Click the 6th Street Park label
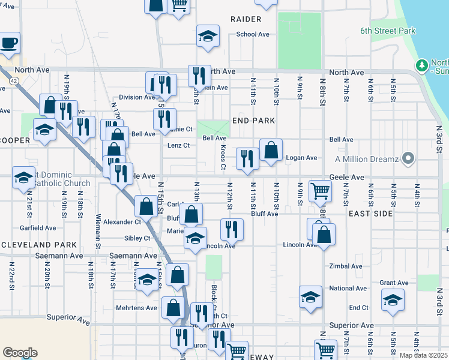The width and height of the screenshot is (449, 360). tap(388, 31)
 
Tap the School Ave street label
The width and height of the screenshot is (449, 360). tap(253, 34)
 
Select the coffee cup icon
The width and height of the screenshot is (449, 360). tap(9, 43)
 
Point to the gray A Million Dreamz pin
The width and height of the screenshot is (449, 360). tap(409, 159)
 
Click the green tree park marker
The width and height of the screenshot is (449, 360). tap(422, 64)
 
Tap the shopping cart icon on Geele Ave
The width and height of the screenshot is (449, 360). tap(320, 191)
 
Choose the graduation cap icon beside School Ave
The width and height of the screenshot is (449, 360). tap(208, 36)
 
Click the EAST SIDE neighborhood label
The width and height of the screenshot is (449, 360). tap(370, 214)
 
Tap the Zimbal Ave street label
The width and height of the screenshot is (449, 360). tap(346, 266)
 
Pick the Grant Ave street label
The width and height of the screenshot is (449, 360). tap(394, 283)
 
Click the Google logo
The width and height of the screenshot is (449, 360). tap(20, 353)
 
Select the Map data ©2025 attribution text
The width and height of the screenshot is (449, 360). tap(424, 355)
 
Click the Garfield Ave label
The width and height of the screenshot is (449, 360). tap(38, 228)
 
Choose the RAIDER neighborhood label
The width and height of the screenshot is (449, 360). tap(246, 19)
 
